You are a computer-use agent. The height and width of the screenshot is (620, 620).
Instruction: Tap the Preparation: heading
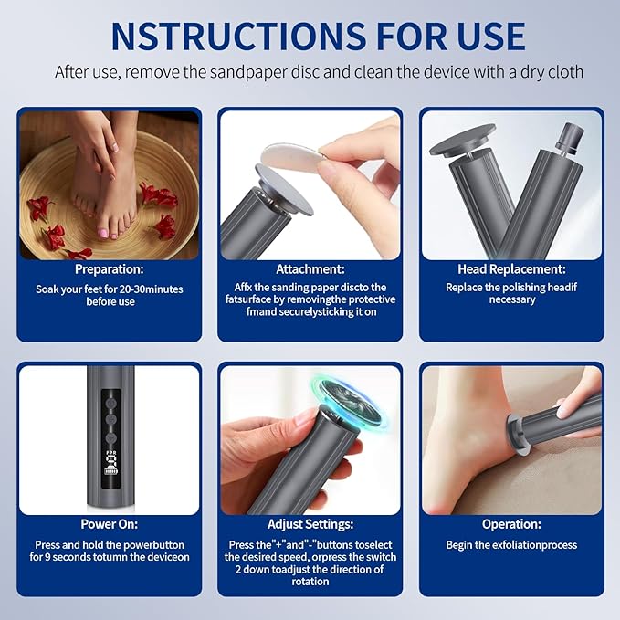109,269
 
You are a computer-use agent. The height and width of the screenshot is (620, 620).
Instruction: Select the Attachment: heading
310,269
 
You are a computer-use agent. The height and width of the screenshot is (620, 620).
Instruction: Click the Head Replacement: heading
511,269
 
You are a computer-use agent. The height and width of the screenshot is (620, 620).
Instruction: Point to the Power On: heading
109,524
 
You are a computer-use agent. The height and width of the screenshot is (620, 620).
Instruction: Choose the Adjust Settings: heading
310,524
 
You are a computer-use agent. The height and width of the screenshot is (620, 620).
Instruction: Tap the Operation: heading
511,524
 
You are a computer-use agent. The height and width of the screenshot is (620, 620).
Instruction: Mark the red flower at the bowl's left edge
39,208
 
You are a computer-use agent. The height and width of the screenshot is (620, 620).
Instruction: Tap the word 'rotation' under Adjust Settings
310,582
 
